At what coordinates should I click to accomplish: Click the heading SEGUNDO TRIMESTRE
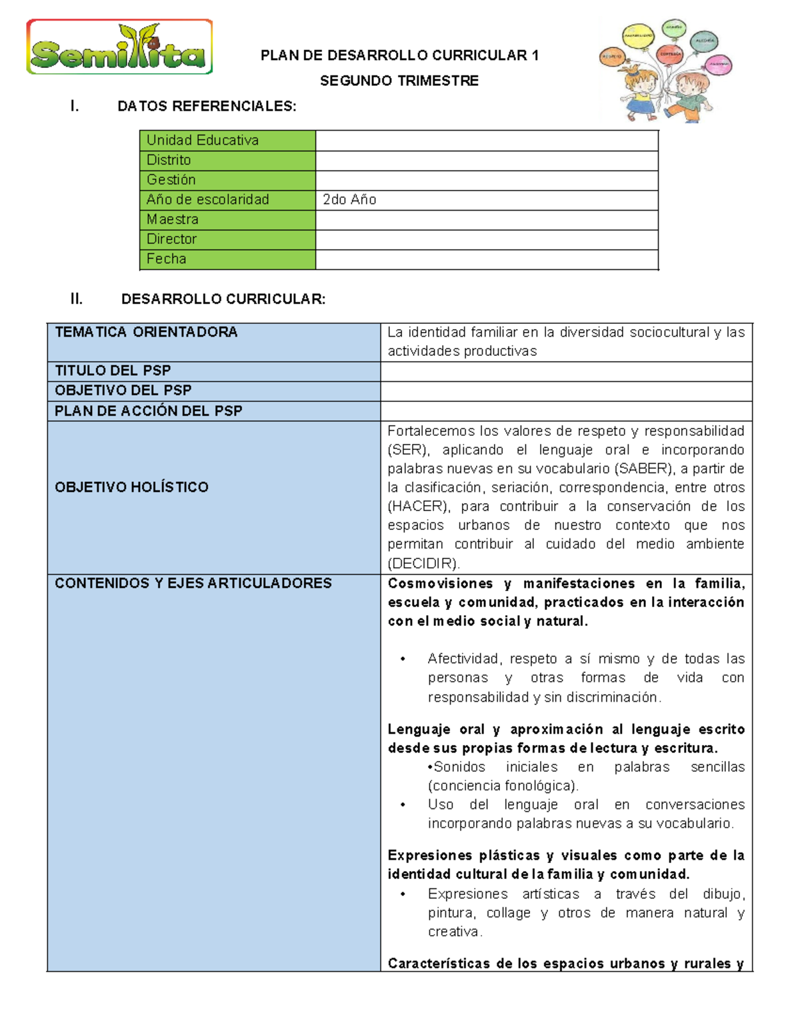(x=399, y=81)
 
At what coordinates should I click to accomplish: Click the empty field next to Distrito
(x=487, y=161)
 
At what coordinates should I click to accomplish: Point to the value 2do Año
(x=349, y=199)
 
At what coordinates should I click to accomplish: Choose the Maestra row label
(x=173, y=219)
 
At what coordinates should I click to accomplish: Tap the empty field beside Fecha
(x=487, y=259)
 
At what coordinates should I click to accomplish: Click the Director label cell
(x=172, y=239)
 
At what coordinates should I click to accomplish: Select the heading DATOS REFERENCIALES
(x=207, y=106)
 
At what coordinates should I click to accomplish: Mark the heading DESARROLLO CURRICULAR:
(x=223, y=299)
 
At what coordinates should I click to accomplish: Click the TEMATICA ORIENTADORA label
(x=146, y=332)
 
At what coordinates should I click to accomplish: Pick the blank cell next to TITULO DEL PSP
(x=566, y=371)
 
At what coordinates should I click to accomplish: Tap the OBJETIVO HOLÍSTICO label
(x=131, y=487)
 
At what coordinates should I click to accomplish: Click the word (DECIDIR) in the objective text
(x=423, y=563)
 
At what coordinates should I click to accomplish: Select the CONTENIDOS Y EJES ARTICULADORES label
(x=193, y=583)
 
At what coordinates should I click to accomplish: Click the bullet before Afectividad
(x=403, y=659)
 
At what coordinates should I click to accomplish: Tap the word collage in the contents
(x=508, y=912)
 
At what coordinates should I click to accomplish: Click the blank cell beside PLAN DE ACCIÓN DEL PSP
(x=566, y=411)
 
